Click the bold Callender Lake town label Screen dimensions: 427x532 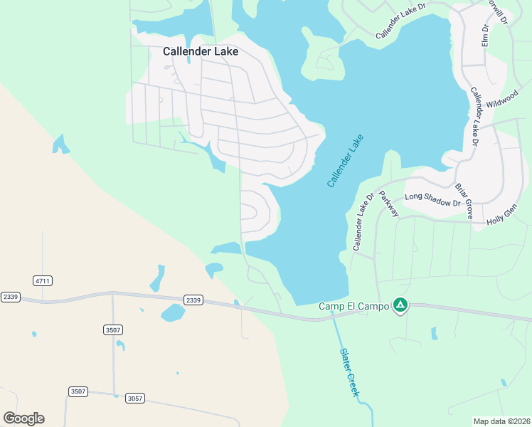(x=201, y=51)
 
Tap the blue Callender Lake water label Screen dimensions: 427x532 (x=345, y=161)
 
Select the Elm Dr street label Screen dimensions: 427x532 (x=485, y=36)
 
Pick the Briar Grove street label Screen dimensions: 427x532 (x=464, y=201)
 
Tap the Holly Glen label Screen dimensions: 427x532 (x=501, y=216)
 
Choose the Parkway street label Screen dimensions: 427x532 (x=389, y=204)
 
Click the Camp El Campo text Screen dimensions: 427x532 (x=353, y=306)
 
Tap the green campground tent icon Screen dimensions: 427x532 (x=400, y=305)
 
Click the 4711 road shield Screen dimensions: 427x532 (x=43, y=281)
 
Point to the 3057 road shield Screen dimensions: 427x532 (x=135, y=398)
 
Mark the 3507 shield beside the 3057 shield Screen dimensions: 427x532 (x=78, y=391)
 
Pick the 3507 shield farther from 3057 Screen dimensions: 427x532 (x=112, y=330)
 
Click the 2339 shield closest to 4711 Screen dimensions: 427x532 (x=11, y=297)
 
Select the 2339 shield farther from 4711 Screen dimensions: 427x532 (x=193, y=300)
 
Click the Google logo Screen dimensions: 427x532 (x=23, y=418)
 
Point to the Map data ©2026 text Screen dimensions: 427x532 (x=501, y=421)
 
